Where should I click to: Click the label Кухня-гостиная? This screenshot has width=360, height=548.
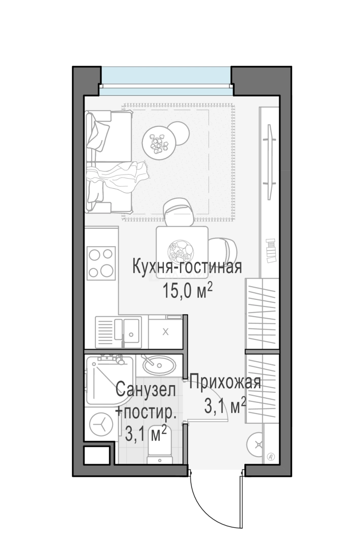(186, 267)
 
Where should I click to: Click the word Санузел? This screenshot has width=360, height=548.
(146, 391)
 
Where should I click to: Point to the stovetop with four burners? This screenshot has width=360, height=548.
(101, 262)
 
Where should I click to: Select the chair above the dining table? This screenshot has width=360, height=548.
(178, 212)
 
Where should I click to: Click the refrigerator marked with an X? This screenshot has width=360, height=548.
(166, 332)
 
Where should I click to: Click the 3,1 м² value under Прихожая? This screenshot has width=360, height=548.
(225, 405)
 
